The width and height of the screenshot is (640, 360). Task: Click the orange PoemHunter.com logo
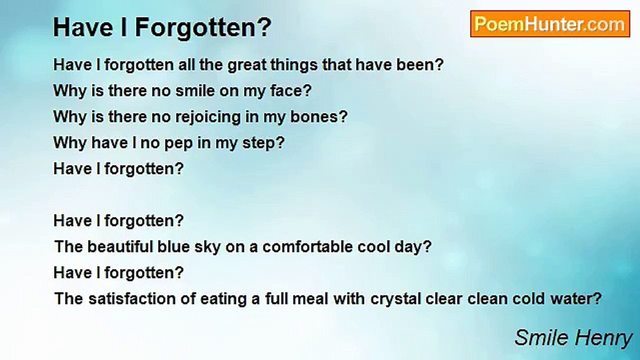(x=550, y=24)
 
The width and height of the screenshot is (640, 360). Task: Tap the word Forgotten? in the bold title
(x=203, y=27)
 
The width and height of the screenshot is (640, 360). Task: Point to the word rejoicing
(x=208, y=117)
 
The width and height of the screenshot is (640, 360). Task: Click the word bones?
(x=319, y=116)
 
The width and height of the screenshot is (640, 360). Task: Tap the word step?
(x=263, y=142)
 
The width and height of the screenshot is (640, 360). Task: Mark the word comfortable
(x=307, y=246)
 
